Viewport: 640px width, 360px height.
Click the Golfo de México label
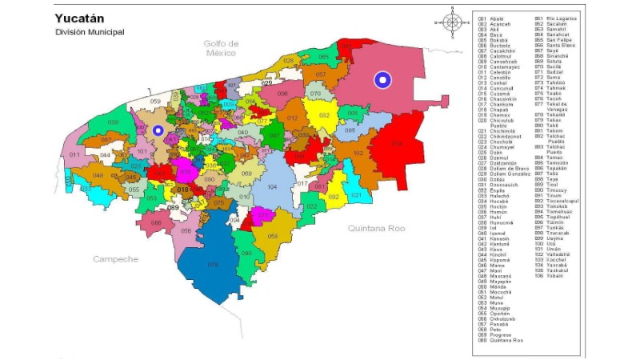coord(221,48)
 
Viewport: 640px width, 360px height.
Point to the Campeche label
coord(115,259)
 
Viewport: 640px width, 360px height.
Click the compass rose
coord(453,22)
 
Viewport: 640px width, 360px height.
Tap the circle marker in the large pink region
coord(383,80)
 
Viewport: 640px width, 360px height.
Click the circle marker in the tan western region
coord(158,130)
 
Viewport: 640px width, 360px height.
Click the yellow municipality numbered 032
coord(323,115)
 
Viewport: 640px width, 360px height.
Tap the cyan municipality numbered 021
coord(357,194)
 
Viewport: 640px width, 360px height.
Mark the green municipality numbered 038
coord(113,122)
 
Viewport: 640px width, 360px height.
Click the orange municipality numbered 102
coord(358,152)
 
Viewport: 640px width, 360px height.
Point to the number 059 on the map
coord(155,102)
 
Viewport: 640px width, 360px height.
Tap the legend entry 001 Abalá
coord(494,18)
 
